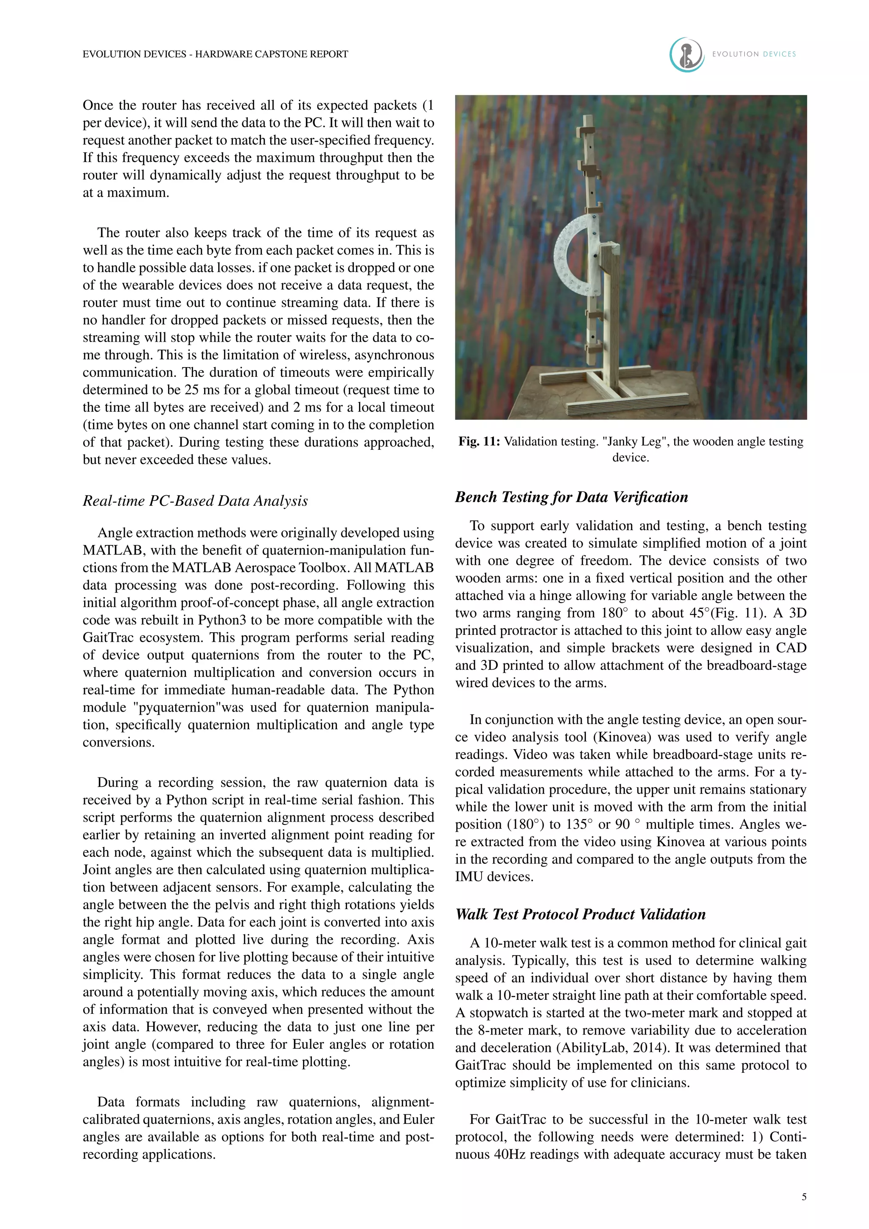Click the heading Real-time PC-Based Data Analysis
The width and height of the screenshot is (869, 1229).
click(195, 501)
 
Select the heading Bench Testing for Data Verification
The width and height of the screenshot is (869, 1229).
click(571, 497)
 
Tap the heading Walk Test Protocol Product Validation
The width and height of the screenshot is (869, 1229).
click(580, 914)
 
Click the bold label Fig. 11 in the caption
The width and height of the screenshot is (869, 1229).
click(479, 442)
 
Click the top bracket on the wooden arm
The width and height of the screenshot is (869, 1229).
click(586, 129)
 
